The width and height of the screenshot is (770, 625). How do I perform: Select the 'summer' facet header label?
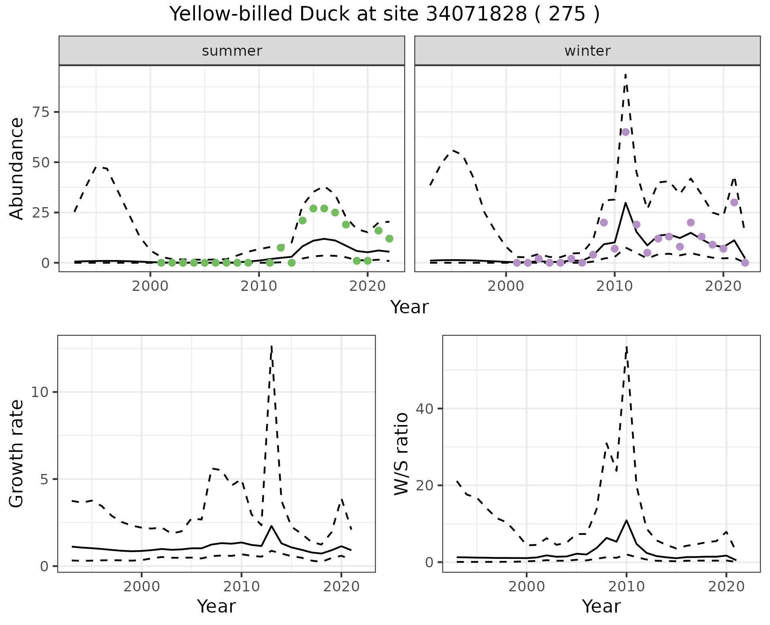232,51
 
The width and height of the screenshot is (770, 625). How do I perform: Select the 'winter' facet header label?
587,51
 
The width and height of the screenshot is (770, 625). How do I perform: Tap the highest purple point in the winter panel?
625,132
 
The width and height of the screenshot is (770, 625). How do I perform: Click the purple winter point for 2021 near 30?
734,202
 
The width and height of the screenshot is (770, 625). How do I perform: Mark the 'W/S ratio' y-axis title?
401,454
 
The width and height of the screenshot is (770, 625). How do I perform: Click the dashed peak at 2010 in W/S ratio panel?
626,347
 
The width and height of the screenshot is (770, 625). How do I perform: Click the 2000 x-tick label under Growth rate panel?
141,587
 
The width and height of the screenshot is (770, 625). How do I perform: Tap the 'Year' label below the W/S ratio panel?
601,606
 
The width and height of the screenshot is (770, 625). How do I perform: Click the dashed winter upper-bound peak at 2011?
625,75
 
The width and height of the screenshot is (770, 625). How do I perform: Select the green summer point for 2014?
302,220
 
